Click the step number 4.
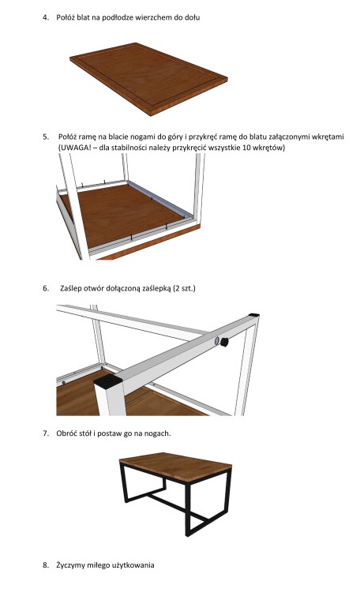pos(45,17)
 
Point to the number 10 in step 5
pos(247,148)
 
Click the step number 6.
pos(46,288)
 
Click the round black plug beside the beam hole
pos(224,342)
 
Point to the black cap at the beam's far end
pos(253,315)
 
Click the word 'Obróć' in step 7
pos(66,433)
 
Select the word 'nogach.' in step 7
pos(158,434)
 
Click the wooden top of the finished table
pos(175,467)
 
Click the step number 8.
pos(46,565)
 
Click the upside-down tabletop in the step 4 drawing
pos(149,78)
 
